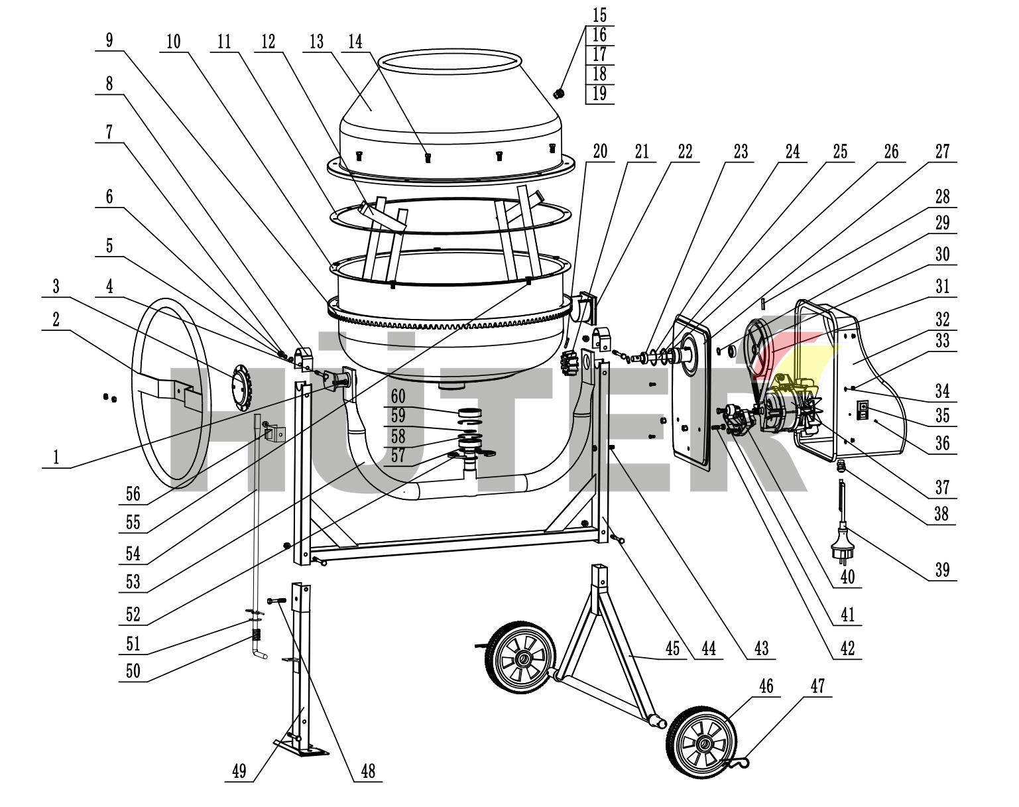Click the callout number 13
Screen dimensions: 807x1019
[x=316, y=42]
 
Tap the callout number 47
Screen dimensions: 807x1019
[x=817, y=686]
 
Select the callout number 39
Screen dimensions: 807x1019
[x=942, y=569]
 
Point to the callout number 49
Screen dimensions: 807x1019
[x=239, y=771]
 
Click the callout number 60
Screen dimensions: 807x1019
[x=397, y=397]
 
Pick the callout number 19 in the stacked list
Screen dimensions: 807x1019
[x=599, y=93]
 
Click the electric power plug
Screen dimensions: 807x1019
[x=840, y=540]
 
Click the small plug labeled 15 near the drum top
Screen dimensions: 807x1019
[x=559, y=93]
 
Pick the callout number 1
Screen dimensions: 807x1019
[x=56, y=457]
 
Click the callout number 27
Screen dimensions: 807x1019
[x=942, y=152]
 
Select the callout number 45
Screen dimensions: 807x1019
[x=673, y=649]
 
